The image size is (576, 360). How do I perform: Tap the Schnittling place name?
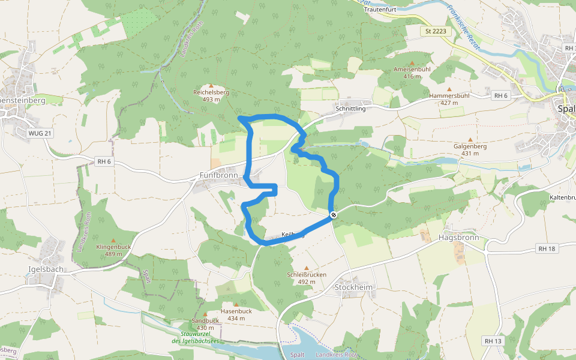(x=351, y=109)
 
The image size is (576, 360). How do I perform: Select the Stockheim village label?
(x=353, y=287)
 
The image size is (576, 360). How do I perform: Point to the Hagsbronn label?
(x=459, y=237)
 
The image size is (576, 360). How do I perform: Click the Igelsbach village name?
(x=46, y=269)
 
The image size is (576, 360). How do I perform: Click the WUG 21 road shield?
(x=40, y=133)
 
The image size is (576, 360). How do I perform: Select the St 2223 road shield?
(x=436, y=31)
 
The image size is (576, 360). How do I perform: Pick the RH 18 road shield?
(x=547, y=248)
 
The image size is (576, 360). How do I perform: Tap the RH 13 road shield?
(x=493, y=341)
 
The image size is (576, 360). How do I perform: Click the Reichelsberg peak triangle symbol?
(x=211, y=86)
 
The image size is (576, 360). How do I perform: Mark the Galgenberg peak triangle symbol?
(x=470, y=139)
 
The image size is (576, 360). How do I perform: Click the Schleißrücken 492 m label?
(x=307, y=277)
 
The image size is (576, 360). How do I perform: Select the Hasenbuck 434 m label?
(x=236, y=314)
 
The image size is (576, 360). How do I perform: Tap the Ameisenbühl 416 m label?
(x=412, y=73)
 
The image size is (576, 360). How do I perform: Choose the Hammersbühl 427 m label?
(x=449, y=98)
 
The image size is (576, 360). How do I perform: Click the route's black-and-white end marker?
(x=333, y=215)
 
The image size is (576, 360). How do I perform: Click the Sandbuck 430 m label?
(x=205, y=324)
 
